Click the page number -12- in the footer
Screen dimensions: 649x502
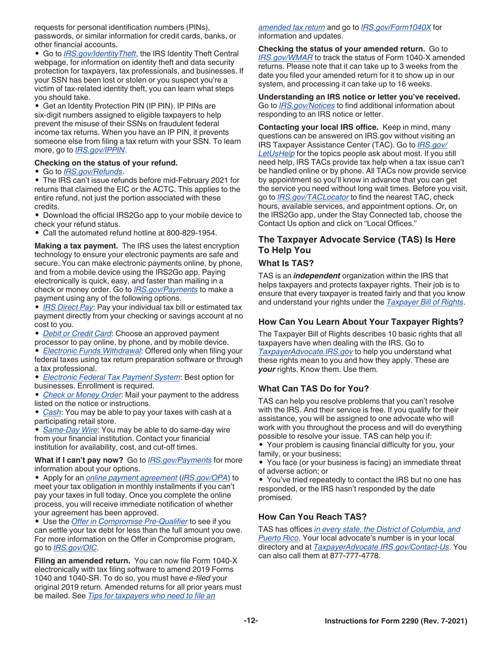[250, 621]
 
